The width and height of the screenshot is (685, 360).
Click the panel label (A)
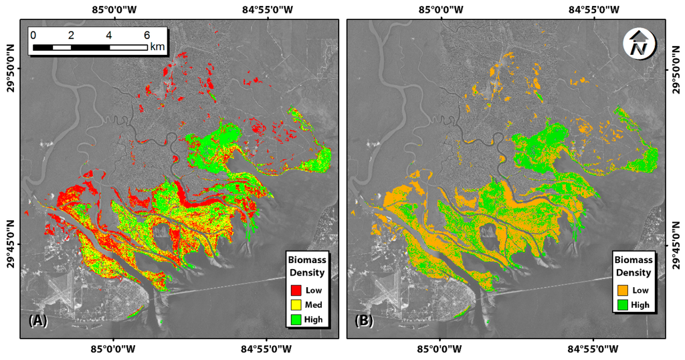[37, 321]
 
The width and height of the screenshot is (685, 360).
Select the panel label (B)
[364, 321]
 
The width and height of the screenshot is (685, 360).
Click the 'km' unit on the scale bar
[157, 47]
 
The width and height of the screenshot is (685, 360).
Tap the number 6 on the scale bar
[146, 35]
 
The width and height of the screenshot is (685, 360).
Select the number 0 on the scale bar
[33, 35]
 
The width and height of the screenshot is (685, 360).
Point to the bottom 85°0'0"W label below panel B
[442, 349]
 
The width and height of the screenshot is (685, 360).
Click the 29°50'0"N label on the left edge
[10, 68]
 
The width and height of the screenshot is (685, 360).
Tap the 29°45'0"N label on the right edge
[675, 245]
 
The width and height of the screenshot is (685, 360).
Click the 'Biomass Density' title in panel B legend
[633, 266]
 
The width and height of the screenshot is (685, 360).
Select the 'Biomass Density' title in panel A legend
[306, 266]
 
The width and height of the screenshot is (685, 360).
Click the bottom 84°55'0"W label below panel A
[267, 349]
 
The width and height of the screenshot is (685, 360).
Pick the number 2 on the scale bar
[71, 35]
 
